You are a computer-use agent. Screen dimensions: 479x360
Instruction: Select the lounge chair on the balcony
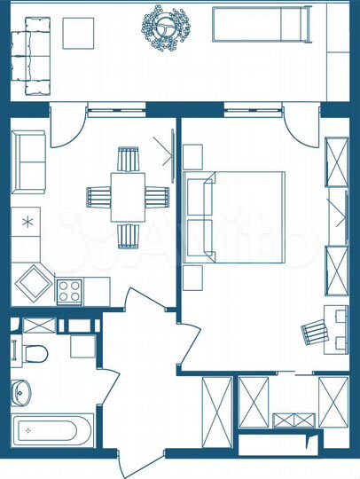click(262, 24)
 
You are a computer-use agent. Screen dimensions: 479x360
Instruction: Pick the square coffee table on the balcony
click(78, 33)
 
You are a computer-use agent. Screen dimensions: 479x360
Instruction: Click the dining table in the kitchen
click(128, 195)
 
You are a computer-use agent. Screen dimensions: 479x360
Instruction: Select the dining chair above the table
click(129, 161)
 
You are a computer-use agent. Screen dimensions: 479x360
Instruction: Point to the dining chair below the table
click(129, 236)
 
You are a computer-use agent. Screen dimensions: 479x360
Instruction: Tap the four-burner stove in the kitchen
click(69, 289)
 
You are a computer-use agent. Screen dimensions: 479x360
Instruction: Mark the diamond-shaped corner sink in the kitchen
click(35, 283)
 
